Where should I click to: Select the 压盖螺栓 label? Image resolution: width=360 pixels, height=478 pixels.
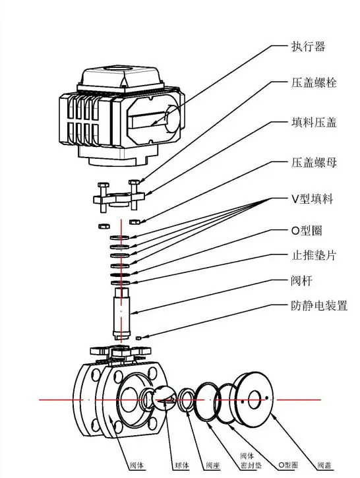(x=314, y=84)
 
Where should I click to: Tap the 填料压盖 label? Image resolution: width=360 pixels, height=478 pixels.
(x=314, y=123)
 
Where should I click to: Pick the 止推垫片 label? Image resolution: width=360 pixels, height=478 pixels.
(x=314, y=255)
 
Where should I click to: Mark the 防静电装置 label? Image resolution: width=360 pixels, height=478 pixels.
(x=319, y=307)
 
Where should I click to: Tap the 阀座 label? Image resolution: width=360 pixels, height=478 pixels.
(x=211, y=464)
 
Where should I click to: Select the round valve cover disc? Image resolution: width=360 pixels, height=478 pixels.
(x=254, y=399)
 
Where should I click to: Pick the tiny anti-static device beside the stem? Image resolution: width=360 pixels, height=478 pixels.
(x=139, y=338)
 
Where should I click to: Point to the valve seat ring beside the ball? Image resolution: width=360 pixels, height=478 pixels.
(x=186, y=399)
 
